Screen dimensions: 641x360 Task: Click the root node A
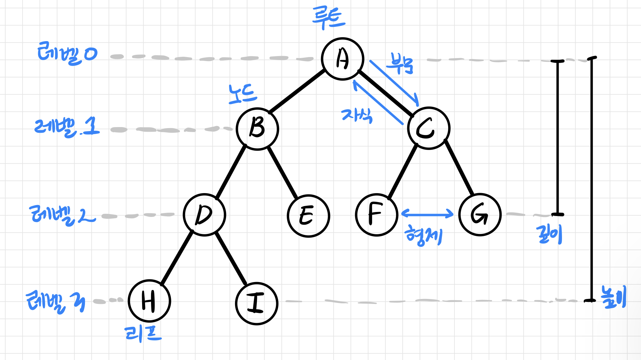[343, 59]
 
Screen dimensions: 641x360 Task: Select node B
[257, 129]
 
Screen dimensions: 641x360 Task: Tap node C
[429, 128]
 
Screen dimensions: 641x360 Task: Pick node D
[204, 215]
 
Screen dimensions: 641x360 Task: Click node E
[308, 216]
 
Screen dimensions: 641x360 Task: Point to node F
[377, 215]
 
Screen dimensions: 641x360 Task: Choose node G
[480, 215]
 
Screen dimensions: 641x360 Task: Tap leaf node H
[149, 301]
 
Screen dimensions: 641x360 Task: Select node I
[257, 303]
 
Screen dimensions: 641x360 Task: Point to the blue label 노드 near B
[243, 94]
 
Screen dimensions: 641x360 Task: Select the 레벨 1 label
[67, 127]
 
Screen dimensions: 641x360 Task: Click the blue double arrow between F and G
[427, 213]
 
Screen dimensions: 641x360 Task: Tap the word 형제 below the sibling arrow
[424, 236]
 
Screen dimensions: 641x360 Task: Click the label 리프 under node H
[143, 333]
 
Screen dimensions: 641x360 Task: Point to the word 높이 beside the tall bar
[613, 297]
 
